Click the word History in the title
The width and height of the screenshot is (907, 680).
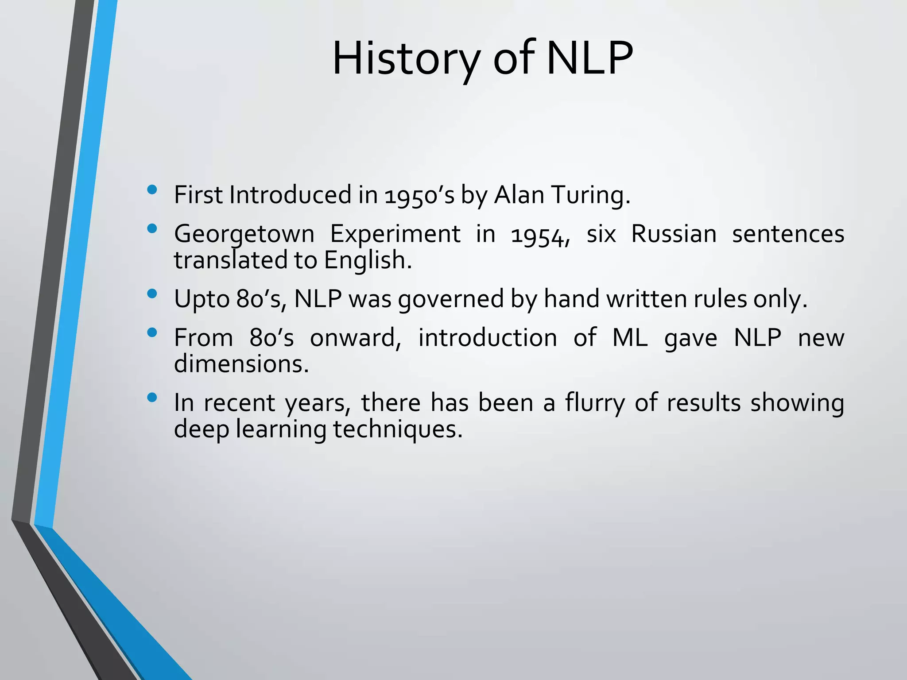click(x=406, y=59)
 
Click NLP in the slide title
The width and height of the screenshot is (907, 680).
click(x=589, y=59)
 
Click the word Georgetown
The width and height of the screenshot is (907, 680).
click(x=244, y=234)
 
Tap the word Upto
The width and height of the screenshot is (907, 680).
click(x=202, y=299)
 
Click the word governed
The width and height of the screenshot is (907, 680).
click(x=451, y=299)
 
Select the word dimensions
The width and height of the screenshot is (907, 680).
click(x=241, y=364)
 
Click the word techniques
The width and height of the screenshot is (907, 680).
click(x=397, y=429)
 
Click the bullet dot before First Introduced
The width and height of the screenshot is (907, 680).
click(x=152, y=190)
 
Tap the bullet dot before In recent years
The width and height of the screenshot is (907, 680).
click(x=152, y=398)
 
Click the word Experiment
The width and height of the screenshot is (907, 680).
click(x=395, y=234)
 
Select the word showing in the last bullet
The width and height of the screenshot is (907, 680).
click(x=797, y=403)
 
